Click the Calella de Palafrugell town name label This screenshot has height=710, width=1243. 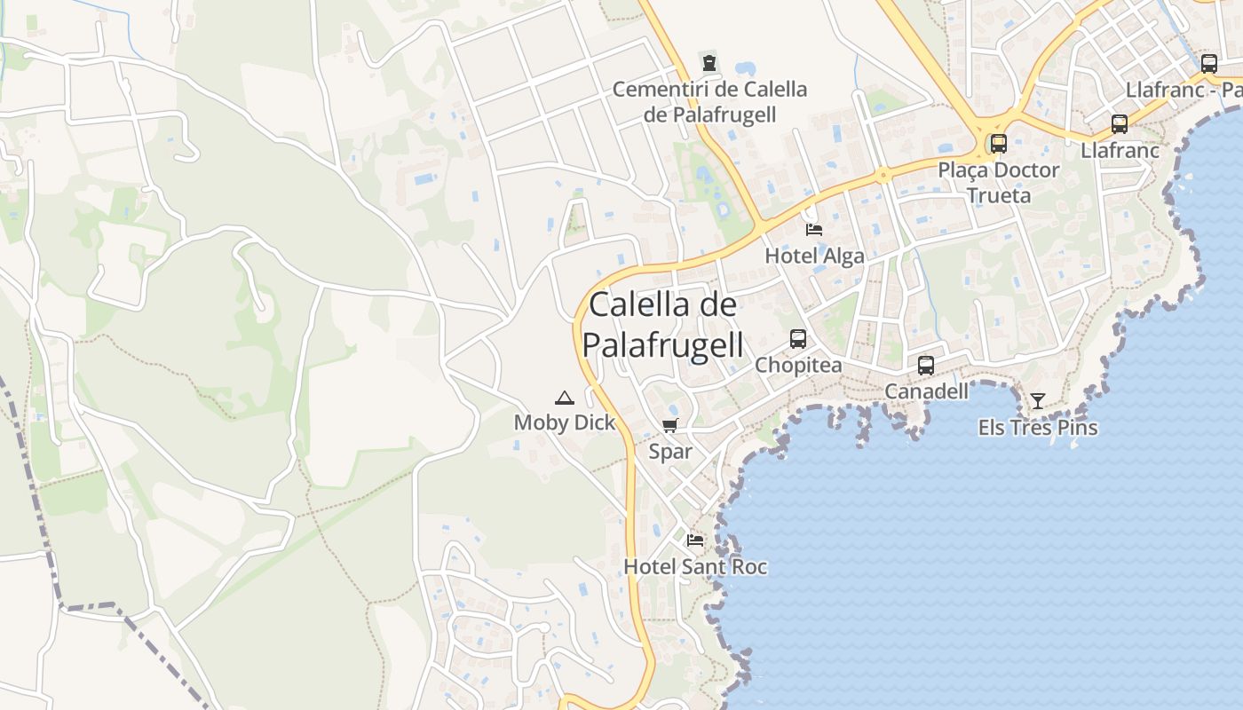point(663,324)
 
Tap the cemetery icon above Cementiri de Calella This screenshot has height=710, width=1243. point(709,63)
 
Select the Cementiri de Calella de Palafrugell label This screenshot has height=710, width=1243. point(710,102)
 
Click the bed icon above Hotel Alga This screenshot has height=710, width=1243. point(814,230)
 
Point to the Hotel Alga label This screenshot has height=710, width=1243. point(814,256)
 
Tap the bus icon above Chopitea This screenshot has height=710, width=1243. point(798,338)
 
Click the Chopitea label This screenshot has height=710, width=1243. point(798,366)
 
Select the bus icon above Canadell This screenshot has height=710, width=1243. point(926,365)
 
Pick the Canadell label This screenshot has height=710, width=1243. point(926,391)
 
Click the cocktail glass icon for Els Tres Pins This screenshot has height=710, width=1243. point(1037,401)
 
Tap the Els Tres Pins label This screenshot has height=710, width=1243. point(1038,428)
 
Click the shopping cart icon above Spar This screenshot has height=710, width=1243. point(670,425)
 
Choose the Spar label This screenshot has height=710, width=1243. point(670,452)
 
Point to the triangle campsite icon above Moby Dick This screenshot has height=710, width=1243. point(564,397)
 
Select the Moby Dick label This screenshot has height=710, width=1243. point(565,423)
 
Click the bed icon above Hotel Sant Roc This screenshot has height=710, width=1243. point(695,540)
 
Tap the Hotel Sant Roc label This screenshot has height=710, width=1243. point(695,566)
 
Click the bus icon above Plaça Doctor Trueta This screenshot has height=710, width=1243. point(999,143)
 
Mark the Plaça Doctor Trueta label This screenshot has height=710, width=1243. point(999,182)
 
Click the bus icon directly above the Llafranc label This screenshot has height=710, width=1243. point(1120,124)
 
